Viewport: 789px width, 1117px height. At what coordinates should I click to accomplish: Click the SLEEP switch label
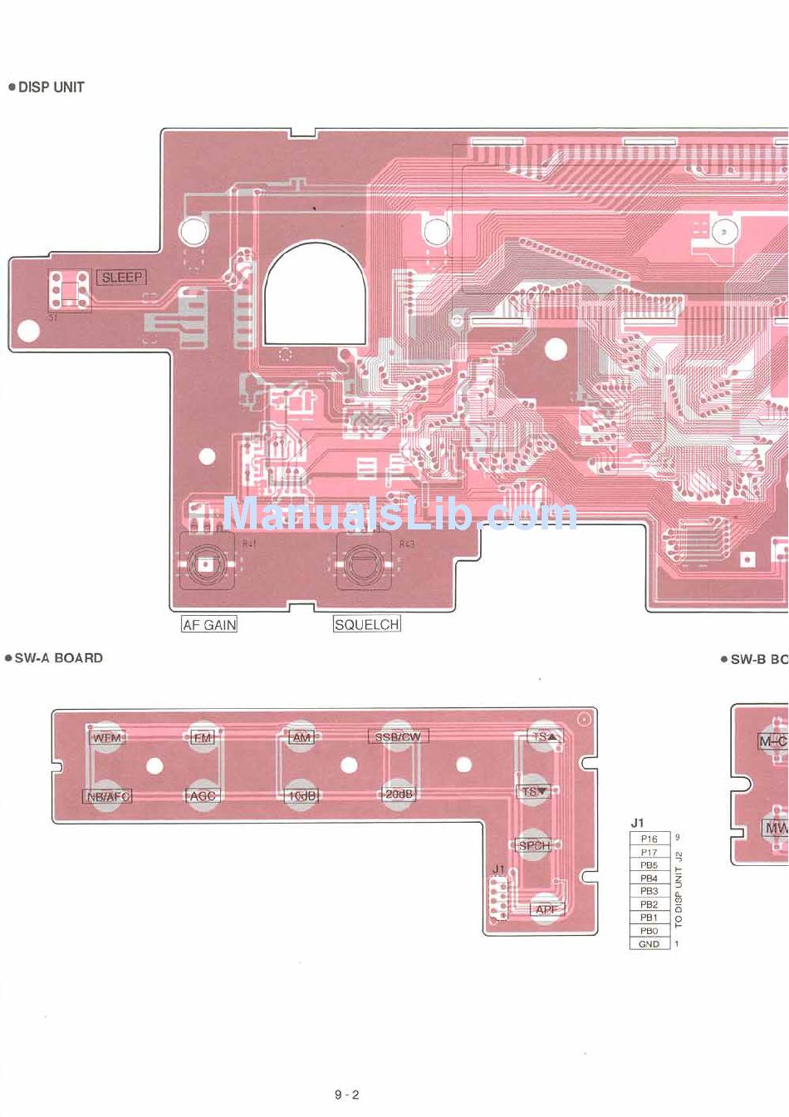click(122, 278)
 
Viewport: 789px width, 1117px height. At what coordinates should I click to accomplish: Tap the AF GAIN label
click(209, 625)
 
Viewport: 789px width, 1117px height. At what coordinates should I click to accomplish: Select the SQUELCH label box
click(366, 624)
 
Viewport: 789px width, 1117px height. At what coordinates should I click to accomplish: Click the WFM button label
click(106, 737)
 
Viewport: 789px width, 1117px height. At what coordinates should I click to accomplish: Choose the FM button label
click(203, 737)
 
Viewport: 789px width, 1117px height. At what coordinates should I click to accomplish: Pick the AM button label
click(301, 737)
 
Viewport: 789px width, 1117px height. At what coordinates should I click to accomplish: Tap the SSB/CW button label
click(398, 736)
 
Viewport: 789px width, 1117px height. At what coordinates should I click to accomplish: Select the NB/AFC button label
click(108, 796)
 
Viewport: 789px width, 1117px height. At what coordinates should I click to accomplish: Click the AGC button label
click(203, 795)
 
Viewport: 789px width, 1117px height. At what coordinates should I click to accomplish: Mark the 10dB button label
click(301, 795)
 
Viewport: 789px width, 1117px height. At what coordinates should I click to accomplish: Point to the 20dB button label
click(399, 795)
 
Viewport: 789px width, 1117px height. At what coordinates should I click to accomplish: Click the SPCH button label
click(533, 845)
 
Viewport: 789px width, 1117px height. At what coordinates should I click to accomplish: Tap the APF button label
click(546, 909)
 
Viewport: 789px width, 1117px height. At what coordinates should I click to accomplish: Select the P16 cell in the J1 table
click(649, 839)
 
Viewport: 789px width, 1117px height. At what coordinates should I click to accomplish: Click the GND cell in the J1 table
click(649, 944)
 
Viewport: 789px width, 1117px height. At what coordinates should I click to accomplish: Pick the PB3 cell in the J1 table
click(649, 891)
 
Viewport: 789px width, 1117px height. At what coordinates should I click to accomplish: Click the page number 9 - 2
click(347, 1095)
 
